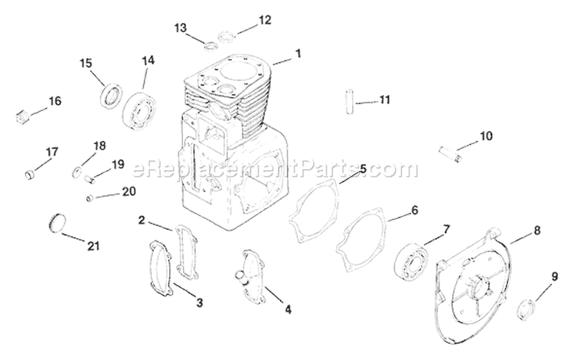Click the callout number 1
[x=298, y=54]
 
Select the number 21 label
[x=93, y=246]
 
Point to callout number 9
[x=554, y=276]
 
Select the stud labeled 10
[x=452, y=150]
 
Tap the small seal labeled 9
[x=527, y=309]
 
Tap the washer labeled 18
[x=79, y=169]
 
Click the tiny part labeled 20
[x=90, y=198]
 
